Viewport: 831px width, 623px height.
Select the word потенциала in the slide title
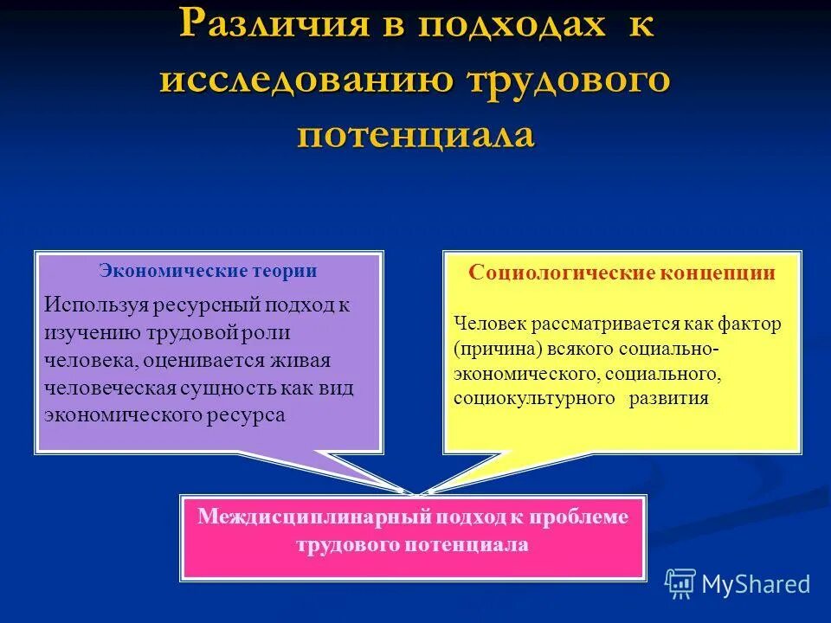click(415, 136)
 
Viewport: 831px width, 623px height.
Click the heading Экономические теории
click(208, 271)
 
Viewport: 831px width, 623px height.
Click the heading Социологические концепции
click(622, 273)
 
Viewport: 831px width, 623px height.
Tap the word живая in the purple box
click(305, 360)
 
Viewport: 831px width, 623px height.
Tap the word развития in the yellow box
click(669, 399)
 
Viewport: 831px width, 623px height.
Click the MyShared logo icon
click(680, 584)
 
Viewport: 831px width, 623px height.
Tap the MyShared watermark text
click(756, 584)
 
